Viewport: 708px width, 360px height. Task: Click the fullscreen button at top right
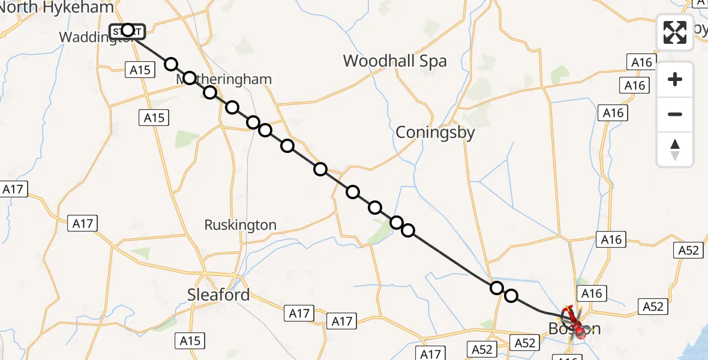point(675,32)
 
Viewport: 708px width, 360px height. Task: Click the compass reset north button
point(675,149)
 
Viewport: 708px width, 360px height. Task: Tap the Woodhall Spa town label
point(395,61)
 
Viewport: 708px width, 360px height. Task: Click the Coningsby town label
point(435,133)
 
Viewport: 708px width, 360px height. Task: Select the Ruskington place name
point(240,225)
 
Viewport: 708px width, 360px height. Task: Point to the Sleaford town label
point(218,295)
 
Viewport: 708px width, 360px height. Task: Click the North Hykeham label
point(56,8)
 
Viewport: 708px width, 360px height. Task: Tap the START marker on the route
point(127,31)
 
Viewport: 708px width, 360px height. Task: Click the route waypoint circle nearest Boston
point(511,296)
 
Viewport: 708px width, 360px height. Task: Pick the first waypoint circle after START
point(172,64)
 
